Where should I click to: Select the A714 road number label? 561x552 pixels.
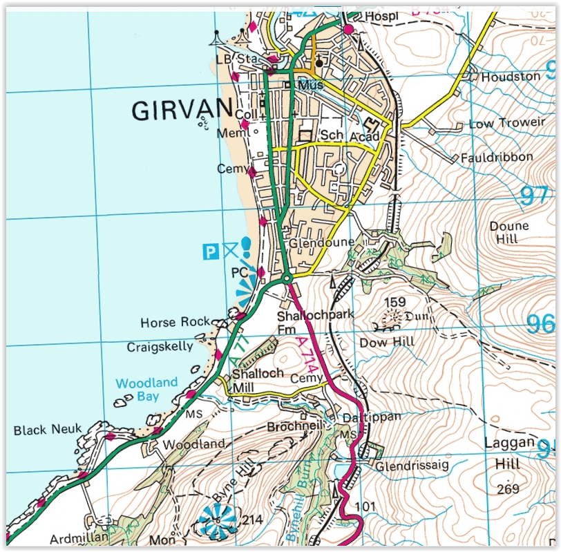307,356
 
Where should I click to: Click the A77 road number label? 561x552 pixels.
238,352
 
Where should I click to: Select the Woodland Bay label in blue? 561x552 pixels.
146,390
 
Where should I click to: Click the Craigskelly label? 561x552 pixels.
160,347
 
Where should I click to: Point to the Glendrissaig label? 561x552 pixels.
412,466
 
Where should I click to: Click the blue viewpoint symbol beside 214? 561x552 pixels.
218,520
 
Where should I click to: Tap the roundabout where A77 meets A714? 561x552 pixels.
287,278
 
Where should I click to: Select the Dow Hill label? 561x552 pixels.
387,342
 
